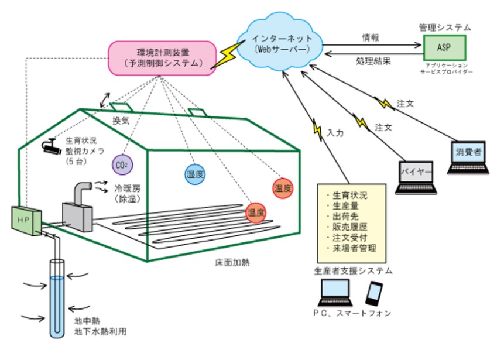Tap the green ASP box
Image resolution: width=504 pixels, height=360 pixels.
[445, 47]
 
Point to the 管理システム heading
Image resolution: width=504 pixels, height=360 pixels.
[445, 27]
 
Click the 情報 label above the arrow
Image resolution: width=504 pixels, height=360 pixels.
[371, 37]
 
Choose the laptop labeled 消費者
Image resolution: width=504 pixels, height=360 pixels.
[468, 157]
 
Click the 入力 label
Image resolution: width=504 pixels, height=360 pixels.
[335, 133]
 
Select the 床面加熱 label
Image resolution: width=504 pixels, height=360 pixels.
[233, 262]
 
